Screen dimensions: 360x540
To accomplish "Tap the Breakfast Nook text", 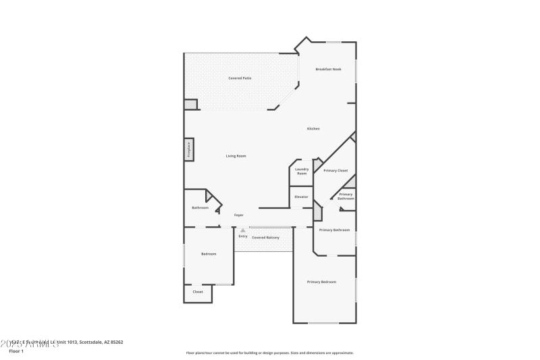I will (328, 70).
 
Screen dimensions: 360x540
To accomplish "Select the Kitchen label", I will (313, 128).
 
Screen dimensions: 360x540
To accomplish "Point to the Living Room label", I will (236, 156).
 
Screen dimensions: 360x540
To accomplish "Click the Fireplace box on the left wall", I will (189, 149).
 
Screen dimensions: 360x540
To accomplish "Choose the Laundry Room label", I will (302, 172).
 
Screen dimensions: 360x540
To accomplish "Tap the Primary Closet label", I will (335, 171).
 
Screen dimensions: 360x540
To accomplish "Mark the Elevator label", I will (301, 197).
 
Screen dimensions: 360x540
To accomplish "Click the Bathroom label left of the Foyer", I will (200, 207).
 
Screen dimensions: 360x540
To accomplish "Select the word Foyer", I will (238, 215).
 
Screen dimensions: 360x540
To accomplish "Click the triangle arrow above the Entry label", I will (243, 230).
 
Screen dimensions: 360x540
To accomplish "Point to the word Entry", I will (243, 236).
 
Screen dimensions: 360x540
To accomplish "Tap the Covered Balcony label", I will (265, 238).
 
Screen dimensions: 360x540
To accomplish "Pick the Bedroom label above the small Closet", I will (209, 254).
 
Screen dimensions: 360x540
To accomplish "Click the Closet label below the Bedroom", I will (198, 292).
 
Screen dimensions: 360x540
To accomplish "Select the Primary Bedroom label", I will (321, 282).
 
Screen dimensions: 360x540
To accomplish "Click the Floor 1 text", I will (16, 351).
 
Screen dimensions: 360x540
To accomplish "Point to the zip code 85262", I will (117, 342).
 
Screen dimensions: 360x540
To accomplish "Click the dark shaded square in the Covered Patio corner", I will (190, 105).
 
